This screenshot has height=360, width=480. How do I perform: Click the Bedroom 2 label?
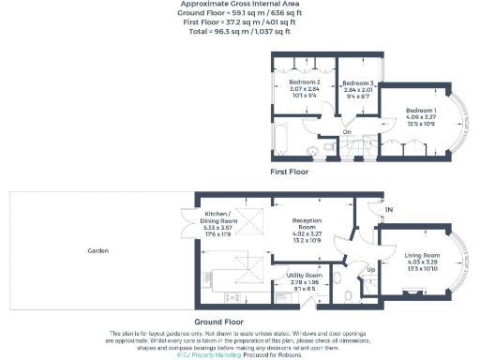[305, 82]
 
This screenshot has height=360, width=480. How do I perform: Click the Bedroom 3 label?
[358, 83]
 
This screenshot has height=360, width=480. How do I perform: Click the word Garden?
[97, 251]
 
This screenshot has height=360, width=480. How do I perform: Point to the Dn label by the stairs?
[346, 132]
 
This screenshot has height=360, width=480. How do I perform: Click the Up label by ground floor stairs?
[369, 269]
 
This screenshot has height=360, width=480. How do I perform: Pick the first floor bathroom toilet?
[323, 146]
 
